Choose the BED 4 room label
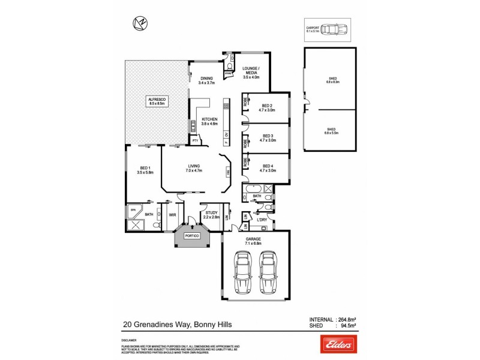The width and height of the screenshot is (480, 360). pyautogui.click(x=267, y=168)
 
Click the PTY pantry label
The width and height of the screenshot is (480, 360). pyautogui.click(x=195, y=140)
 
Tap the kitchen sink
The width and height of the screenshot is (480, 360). pyautogui.click(x=193, y=126)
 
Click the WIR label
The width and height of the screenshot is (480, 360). pyautogui.click(x=172, y=214)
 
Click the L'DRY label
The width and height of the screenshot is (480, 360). pyautogui.click(x=261, y=221)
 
